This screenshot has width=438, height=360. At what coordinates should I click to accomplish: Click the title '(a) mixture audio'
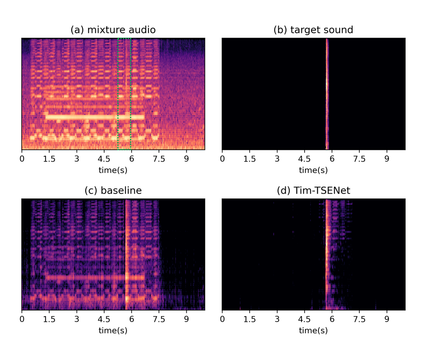point(113,30)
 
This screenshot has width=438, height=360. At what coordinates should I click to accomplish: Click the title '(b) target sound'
point(313,30)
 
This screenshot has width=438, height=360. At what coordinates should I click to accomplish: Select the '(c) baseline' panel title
point(113,191)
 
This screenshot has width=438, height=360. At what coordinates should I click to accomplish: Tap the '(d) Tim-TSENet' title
point(313,191)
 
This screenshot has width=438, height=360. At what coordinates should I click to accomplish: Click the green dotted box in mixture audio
point(124,94)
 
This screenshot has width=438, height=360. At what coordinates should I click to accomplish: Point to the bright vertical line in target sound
point(327,94)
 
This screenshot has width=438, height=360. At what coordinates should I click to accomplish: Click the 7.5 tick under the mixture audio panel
point(159,159)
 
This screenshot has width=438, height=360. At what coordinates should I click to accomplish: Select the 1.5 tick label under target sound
point(249,159)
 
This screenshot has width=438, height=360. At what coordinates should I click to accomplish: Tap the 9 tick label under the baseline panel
point(186,320)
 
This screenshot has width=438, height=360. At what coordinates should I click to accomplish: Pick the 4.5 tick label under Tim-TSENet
point(305,320)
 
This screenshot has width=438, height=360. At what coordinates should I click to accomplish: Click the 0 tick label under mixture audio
point(22,159)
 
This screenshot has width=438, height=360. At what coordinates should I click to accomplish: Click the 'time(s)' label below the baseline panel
point(113,331)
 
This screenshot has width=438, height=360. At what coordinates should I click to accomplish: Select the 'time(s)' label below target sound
point(313,170)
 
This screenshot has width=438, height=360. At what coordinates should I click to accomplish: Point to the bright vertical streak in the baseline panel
point(126,254)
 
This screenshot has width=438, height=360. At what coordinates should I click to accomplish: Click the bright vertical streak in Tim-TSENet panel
point(327,254)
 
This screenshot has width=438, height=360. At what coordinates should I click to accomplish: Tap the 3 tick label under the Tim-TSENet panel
point(277,320)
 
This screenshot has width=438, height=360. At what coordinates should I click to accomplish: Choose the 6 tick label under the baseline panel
point(132,320)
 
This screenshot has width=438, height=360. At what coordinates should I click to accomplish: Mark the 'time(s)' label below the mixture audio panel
point(113,170)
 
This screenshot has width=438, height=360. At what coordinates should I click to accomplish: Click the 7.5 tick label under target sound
point(359,159)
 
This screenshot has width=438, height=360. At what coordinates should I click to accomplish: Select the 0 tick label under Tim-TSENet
point(222,320)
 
